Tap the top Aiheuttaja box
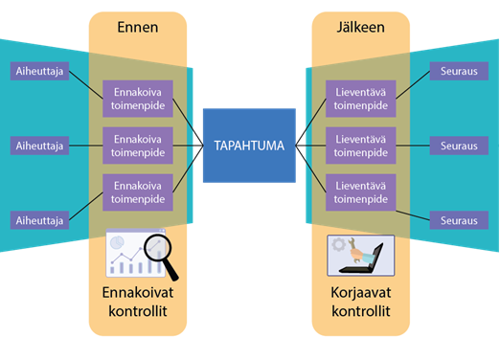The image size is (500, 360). (x=39, y=71)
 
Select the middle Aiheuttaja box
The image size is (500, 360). (x=39, y=146)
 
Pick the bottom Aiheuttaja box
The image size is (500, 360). (x=39, y=220)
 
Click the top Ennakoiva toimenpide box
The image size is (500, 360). (x=137, y=99)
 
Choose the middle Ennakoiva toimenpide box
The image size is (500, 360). (x=137, y=146)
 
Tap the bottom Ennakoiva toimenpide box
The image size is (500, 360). (x=137, y=192)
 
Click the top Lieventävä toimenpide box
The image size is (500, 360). (x=361, y=99)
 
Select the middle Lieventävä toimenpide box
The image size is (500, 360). (x=361, y=146)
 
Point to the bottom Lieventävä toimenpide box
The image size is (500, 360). (x=361, y=192)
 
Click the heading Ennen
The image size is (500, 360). (x=137, y=28)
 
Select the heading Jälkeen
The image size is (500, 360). (x=361, y=28)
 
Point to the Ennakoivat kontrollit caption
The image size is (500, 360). (x=137, y=301)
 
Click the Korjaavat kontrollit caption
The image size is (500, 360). (x=361, y=301)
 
